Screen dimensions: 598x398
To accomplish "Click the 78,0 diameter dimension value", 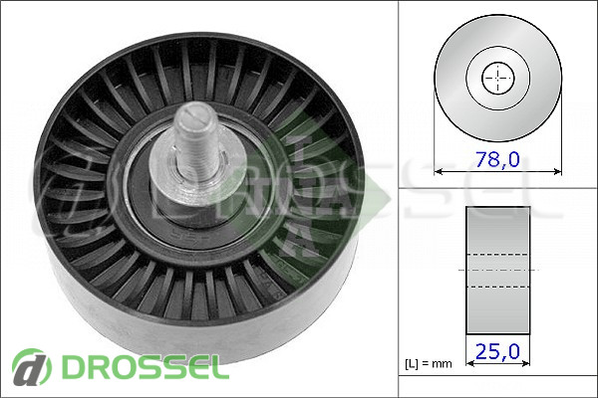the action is coord(497,159).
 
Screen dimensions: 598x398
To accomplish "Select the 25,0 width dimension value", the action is coord(497,351).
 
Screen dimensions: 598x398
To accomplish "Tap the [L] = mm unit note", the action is coord(429,364).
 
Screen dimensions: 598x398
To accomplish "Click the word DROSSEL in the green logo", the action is coord(146,367).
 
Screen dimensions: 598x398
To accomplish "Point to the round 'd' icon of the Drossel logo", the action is coord(32,367).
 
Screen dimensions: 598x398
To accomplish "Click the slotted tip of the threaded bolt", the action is coord(195,112).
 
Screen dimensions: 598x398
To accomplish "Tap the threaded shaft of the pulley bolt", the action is coord(197,143).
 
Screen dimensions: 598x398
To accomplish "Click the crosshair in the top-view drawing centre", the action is coord(498,79).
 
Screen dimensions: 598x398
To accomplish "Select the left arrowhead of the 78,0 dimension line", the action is coord(439,172).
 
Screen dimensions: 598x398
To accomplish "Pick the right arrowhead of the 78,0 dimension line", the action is coord(557,172).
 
